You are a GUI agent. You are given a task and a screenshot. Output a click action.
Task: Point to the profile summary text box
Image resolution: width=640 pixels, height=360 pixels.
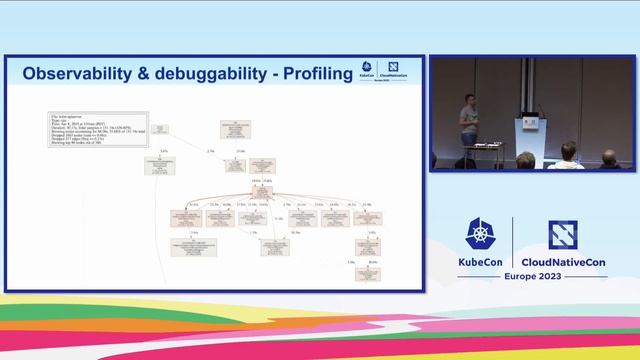pos(98,128)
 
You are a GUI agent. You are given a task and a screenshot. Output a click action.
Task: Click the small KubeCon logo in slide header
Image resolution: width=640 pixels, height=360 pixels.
pos(367,73)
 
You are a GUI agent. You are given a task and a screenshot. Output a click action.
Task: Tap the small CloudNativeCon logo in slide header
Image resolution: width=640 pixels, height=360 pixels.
pos(394,73)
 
